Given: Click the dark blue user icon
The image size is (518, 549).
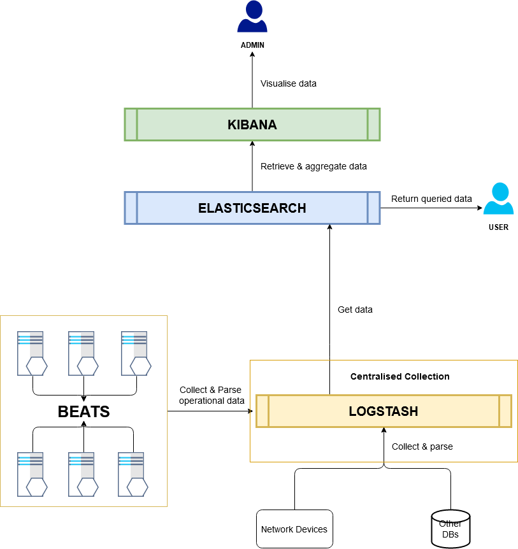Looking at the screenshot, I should (252, 17).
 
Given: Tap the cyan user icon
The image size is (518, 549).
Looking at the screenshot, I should (498, 199).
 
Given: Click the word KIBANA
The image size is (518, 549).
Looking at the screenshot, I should (252, 125).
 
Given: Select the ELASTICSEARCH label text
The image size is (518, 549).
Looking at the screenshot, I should (252, 208).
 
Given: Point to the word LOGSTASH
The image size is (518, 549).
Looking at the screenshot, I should (384, 411).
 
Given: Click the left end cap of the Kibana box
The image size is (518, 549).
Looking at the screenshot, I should (131, 124).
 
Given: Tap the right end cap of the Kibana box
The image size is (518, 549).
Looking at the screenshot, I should (374, 124).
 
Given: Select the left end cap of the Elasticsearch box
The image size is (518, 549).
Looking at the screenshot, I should (131, 208).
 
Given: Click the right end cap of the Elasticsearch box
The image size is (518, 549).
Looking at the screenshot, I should (374, 208).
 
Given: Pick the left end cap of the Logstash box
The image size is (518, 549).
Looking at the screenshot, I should (263, 411).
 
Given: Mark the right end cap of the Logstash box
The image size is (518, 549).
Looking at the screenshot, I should (505, 411).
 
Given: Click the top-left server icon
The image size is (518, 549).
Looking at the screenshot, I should (31, 353).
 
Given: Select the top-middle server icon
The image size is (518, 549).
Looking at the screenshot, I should (82, 353).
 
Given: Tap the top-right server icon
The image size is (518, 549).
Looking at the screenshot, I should (135, 353).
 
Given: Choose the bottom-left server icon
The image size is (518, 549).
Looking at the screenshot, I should (31, 474).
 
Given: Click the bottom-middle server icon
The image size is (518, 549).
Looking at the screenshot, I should (82, 474).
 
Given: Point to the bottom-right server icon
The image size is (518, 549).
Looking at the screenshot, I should (132, 474).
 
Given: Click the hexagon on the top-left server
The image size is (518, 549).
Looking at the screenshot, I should (37, 366).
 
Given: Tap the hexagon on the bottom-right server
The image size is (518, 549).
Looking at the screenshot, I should (138, 487).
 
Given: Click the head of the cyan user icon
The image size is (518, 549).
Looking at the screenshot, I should (500, 191).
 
